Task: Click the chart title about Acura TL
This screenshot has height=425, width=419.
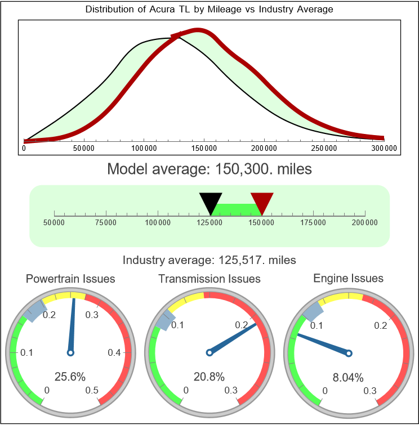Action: tap(209, 10)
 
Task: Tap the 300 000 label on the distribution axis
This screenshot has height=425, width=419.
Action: tap(384, 148)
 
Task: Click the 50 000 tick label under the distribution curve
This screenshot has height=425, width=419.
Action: tap(83, 148)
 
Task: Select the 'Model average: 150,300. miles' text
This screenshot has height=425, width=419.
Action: tap(209, 168)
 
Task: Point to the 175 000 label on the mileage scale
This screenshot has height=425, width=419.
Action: tap(313, 222)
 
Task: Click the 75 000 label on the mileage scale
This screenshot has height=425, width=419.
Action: tap(106, 222)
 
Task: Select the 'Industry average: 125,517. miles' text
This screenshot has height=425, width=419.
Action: tap(209, 260)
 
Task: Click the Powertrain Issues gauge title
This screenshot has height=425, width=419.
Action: tap(70, 279)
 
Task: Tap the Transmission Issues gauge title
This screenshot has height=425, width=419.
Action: tap(210, 279)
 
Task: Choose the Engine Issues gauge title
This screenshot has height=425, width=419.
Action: tap(348, 278)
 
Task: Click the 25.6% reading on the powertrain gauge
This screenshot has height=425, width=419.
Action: tap(70, 377)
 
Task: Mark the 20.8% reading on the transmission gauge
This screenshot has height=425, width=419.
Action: tap(210, 377)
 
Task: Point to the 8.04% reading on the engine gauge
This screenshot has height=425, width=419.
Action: tap(348, 377)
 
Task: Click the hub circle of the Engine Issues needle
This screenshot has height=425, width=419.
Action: tap(348, 353)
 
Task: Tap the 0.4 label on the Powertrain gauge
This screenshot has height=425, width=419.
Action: tap(114, 353)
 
